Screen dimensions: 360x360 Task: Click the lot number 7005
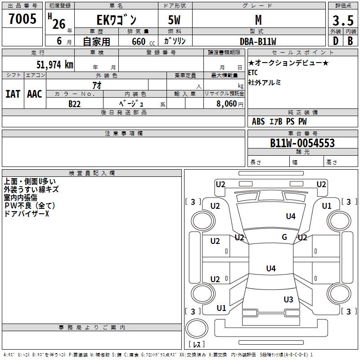click(22, 19)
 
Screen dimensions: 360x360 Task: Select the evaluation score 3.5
click(342, 21)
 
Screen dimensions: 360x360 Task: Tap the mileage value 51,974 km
click(54, 64)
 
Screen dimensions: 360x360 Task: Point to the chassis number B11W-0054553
click(302, 143)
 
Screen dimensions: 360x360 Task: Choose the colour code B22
click(75, 103)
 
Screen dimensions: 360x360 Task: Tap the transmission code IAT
click(13, 94)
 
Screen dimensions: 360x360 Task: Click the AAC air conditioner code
click(34, 94)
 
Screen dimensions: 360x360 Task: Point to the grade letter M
click(258, 20)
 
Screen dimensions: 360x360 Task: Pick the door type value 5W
click(175, 20)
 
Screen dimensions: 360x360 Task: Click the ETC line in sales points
click(253, 72)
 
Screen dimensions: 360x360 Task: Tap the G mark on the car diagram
click(284, 237)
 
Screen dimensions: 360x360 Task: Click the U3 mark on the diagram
click(288, 299)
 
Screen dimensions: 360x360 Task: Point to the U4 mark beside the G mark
click(291, 216)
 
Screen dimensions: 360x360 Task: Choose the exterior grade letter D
click(335, 40)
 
